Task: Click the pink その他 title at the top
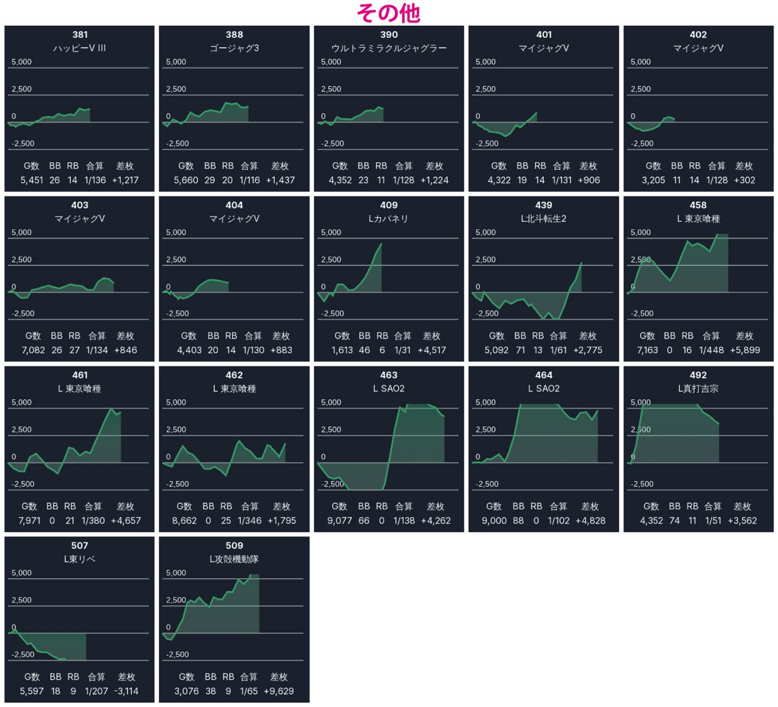tap(388, 14)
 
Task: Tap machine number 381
tap(80, 34)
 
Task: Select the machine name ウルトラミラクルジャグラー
tap(388, 48)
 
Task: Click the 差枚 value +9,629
tap(279, 691)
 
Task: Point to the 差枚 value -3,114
tap(126, 691)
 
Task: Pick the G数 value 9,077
tap(339, 520)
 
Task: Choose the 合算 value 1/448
tap(711, 350)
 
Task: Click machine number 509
tap(234, 546)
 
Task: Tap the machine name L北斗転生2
tap(543, 219)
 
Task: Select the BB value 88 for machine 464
tap(518, 520)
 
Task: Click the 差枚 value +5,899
tap(745, 350)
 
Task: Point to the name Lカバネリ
tap(388, 219)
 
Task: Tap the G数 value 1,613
tap(342, 350)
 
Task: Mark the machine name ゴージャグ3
tap(234, 48)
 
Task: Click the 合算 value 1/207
tap(96, 691)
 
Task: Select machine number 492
tap(698, 375)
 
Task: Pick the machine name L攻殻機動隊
tap(234, 559)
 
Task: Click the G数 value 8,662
tap(184, 520)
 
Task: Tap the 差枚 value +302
tap(745, 180)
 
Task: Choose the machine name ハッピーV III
tap(80, 48)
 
